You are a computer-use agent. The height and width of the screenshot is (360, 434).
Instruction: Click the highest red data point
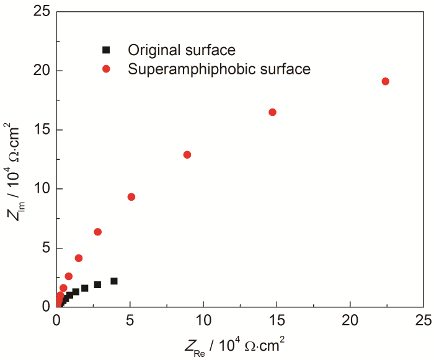(385, 81)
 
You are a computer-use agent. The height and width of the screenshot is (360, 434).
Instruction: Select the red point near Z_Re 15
(272, 112)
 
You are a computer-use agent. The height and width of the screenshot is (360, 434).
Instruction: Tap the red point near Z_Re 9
(187, 154)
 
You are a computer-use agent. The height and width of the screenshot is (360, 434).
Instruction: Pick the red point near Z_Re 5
(131, 197)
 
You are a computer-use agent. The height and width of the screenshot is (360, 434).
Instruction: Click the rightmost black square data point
(114, 281)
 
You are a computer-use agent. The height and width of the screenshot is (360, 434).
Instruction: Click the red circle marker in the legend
(106, 69)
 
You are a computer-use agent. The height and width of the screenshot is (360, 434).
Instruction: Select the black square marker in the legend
(106, 50)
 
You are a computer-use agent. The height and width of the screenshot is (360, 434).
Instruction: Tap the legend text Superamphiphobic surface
(219, 69)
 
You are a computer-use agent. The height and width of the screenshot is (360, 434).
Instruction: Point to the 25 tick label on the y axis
(42, 12)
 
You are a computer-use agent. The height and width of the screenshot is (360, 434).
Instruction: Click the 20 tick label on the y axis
(42, 71)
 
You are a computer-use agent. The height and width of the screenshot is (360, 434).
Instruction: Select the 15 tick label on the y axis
(42, 130)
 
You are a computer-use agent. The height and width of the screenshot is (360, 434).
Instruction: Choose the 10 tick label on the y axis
(42, 188)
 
